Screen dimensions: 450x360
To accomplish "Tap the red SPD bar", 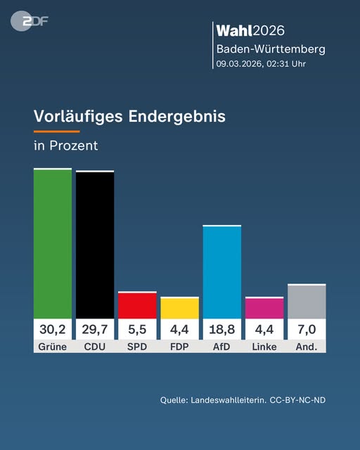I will [137, 305].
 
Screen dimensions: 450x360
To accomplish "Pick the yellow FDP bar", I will [179, 308].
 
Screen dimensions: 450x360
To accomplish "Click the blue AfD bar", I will [222, 272].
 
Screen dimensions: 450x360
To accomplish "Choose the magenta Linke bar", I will [264, 308].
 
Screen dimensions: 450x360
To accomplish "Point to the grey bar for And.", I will [307, 302].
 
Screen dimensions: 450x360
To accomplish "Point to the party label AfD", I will [222, 347].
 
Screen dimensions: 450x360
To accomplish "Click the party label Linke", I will [264, 347].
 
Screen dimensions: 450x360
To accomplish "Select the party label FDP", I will [179, 347].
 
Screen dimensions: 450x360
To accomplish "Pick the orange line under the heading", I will [56, 131].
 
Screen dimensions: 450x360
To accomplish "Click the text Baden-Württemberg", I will [271, 49].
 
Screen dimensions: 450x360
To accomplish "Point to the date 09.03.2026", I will [239, 63].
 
